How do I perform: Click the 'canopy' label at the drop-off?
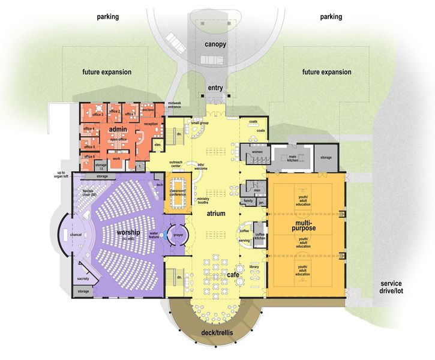click(215, 44)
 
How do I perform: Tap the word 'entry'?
click(215, 88)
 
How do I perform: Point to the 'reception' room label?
click(151, 123)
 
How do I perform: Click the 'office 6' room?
click(89, 157)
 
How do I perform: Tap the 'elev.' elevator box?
click(157, 145)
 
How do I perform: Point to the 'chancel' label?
click(76, 235)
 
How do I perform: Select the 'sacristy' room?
click(83, 278)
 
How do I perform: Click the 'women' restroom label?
click(257, 152)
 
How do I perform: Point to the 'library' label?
click(254, 266)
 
